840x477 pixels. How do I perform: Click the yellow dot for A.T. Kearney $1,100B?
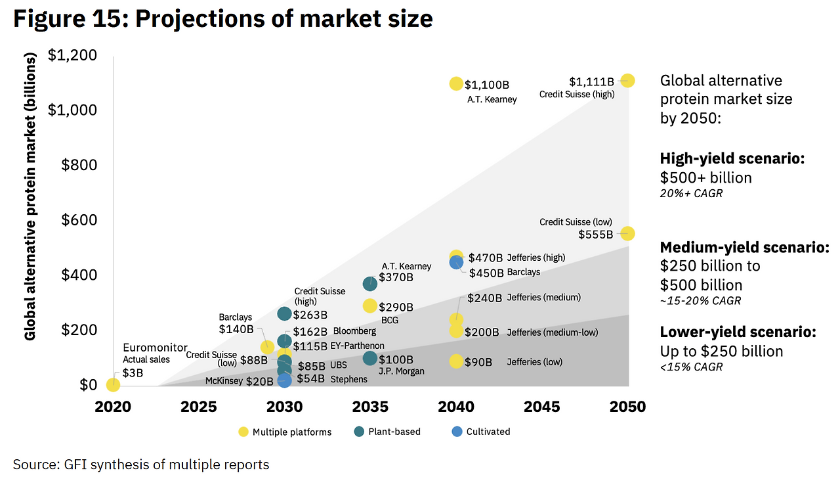pos(456,83)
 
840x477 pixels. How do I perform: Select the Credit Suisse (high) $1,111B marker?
pos(627,81)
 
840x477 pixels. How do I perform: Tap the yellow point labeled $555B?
pos(627,233)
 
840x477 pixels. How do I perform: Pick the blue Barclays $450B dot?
pos(456,262)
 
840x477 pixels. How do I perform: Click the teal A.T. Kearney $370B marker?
pos(370,284)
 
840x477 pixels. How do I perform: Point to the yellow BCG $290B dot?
pos(370,306)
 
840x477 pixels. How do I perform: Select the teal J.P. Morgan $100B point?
pos(370,358)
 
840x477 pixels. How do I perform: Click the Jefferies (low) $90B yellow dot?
pos(456,361)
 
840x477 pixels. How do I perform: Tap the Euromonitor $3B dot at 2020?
pos(114,384)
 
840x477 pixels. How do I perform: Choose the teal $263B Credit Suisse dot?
pos(284,314)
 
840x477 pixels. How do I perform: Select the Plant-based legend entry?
pos(387,432)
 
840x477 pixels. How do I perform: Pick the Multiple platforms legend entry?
pos(285,432)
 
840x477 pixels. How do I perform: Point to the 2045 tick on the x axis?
pos(542,407)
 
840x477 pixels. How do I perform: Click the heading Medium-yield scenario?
pos(744,248)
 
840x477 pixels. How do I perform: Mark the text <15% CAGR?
pos(691,367)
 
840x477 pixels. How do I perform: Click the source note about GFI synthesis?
pos(141,465)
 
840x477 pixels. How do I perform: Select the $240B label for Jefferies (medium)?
pos(484,298)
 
